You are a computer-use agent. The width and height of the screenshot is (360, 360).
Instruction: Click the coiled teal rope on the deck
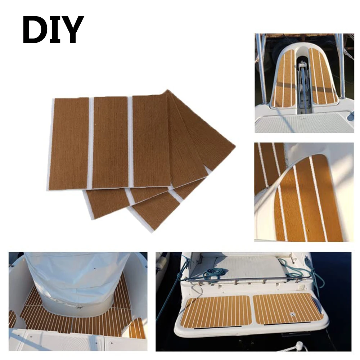212,274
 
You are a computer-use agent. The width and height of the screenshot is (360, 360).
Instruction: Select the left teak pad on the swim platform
216,311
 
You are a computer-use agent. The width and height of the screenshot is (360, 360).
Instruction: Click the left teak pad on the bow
284,79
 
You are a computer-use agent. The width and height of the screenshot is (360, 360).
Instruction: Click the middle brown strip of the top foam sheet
111,142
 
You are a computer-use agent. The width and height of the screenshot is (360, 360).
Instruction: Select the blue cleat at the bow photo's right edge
350,116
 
